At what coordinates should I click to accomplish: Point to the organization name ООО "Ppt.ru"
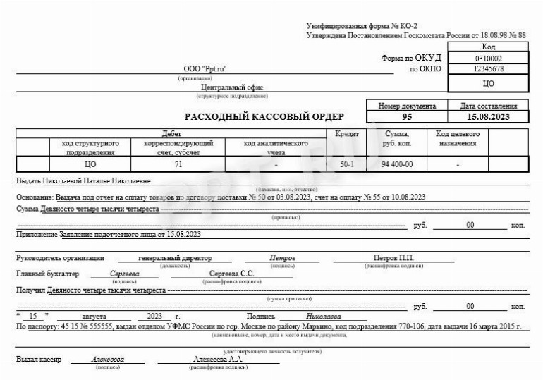205,69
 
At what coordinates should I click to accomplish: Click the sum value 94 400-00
396,164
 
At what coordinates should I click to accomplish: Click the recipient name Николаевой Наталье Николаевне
101,181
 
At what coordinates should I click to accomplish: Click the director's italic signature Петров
283,258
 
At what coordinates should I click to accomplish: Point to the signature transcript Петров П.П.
393,258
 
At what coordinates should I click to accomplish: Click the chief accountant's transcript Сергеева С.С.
232,273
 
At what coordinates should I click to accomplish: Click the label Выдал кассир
39,360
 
